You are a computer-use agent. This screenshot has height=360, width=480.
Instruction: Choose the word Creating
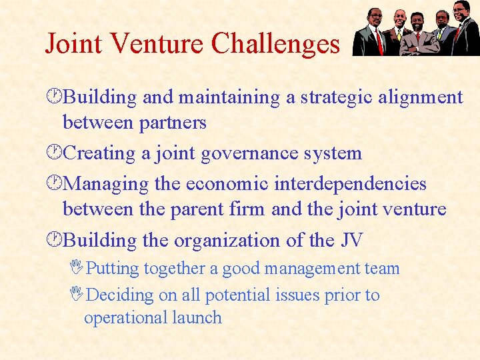click(99, 153)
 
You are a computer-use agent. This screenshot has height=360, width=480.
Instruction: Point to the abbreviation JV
click(351, 240)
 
